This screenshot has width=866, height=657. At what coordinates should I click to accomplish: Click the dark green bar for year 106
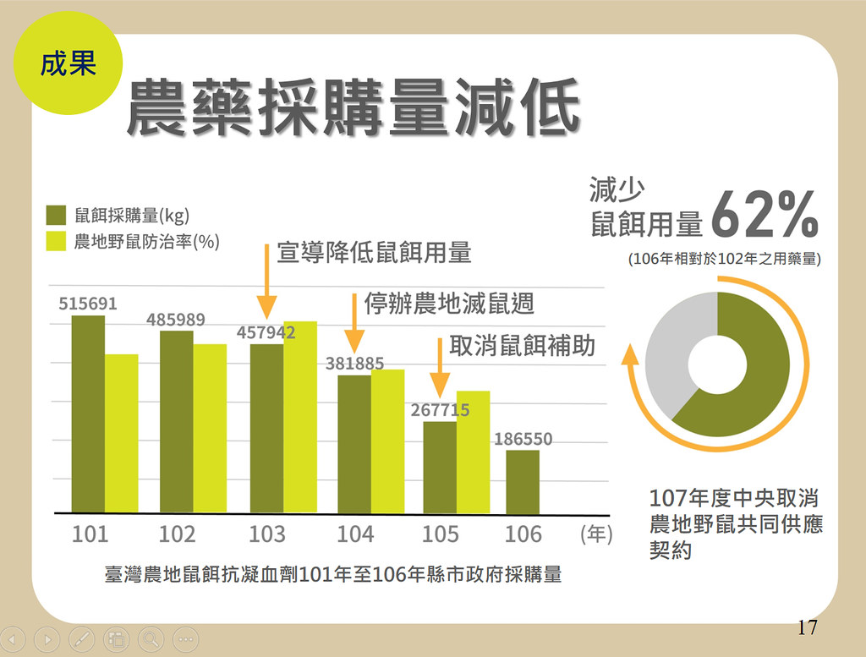[x=523, y=482]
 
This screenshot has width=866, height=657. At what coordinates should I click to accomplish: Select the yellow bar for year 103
[x=300, y=418]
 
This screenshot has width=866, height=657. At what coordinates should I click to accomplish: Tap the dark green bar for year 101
[x=88, y=414]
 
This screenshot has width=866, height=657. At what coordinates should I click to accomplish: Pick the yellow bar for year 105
[x=474, y=452]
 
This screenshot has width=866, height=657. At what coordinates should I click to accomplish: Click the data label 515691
[x=88, y=304]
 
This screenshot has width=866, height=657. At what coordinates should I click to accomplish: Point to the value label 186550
[x=523, y=439]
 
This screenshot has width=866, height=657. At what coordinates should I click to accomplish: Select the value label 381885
[x=354, y=364]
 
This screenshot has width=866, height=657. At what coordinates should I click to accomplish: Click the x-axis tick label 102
[x=178, y=534]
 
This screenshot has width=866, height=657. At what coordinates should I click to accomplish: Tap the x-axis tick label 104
[x=355, y=534]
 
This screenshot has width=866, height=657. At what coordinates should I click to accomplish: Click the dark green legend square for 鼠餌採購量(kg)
[x=56, y=216]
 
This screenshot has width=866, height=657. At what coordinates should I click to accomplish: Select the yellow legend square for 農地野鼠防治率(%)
[x=56, y=241]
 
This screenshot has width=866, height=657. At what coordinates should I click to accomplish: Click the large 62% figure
[x=765, y=215]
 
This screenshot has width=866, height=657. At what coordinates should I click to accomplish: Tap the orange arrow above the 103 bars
[x=266, y=282]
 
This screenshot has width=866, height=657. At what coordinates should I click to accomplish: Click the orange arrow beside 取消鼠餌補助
[x=440, y=369]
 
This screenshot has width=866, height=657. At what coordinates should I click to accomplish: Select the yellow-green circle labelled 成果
[x=68, y=63]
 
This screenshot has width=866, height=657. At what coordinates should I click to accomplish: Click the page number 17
[x=807, y=627]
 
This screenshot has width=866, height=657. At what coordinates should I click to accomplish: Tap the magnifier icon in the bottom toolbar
[x=151, y=640]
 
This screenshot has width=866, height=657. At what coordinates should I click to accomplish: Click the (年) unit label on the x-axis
[x=596, y=534]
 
